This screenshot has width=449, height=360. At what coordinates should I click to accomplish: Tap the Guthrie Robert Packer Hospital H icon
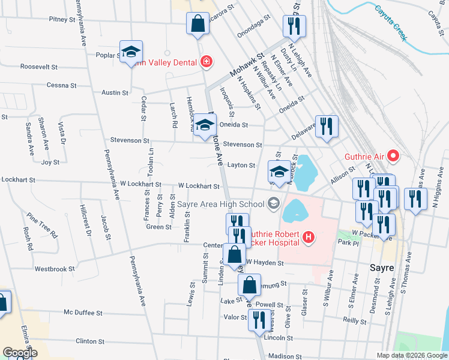point(309,238)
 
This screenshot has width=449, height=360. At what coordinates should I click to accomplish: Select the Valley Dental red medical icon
point(206,61)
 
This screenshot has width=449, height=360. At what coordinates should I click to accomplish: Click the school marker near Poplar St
point(131,52)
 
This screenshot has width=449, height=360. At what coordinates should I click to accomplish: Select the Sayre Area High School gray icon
point(274,204)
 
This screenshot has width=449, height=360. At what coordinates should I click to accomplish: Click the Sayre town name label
point(381,268)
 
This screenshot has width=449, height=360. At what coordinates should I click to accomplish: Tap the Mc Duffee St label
point(84,313)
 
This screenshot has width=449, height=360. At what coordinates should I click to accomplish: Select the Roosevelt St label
point(39,67)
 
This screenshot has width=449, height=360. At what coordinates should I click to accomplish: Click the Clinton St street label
point(90,341)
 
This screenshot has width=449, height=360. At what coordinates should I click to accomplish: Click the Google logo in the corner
point(19,353)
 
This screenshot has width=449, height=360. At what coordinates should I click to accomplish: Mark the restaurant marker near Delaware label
point(327,126)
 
